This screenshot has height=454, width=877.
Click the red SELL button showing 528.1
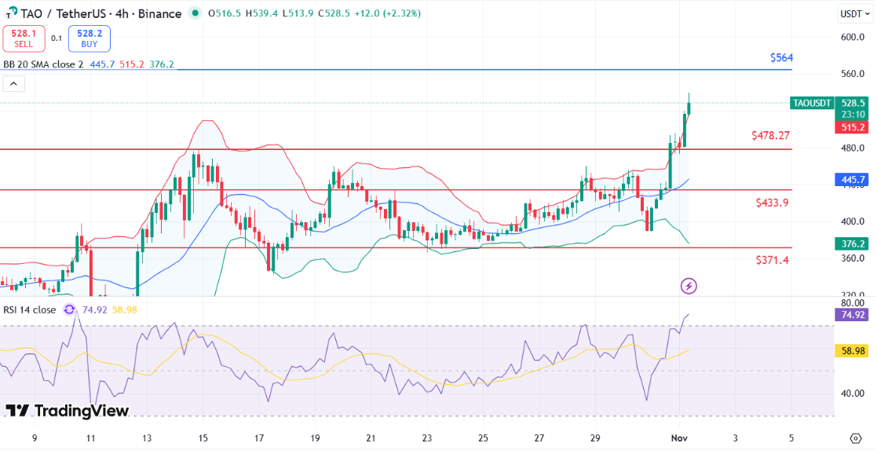[x=24, y=38]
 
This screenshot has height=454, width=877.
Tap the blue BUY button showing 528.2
[x=90, y=38]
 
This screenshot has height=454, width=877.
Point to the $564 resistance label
[x=781, y=58]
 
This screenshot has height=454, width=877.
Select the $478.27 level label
[x=770, y=136]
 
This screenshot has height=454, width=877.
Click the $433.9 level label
[x=772, y=203]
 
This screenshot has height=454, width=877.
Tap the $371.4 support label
[x=772, y=259]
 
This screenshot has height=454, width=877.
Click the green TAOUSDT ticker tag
[x=811, y=104]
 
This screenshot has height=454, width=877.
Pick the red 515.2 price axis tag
[x=853, y=127]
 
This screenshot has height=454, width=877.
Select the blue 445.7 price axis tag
[x=853, y=179]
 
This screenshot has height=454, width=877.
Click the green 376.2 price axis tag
[x=853, y=244]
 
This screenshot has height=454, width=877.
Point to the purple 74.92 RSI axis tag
[x=853, y=315]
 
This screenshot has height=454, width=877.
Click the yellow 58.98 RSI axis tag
[x=853, y=350]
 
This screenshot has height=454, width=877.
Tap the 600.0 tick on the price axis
[x=852, y=37]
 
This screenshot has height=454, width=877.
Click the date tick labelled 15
[x=203, y=437]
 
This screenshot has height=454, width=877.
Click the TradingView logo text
[x=68, y=411]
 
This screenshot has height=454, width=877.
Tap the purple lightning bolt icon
[x=689, y=286]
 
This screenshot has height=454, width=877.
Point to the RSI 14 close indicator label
[x=30, y=309]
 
